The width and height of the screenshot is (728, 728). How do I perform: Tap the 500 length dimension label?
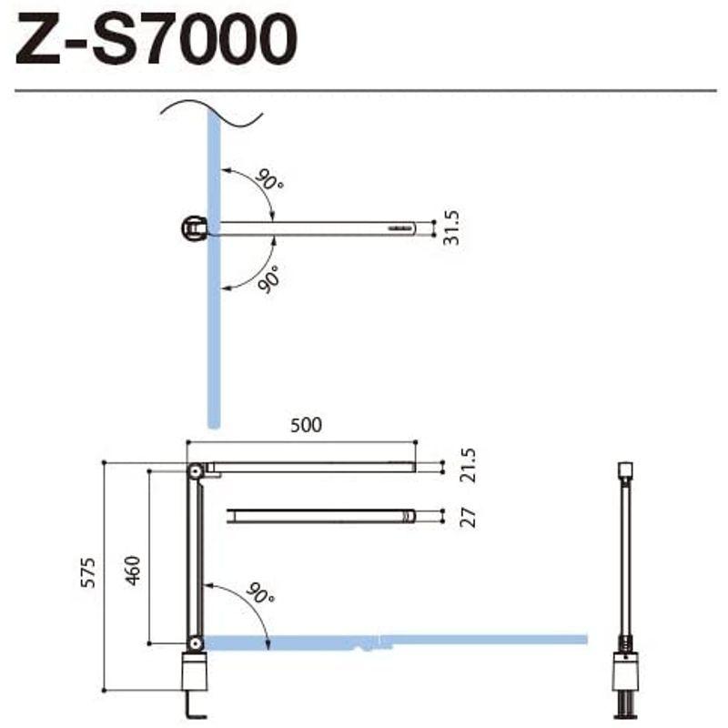coord(305,425)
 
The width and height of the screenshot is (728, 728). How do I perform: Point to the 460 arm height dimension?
coord(133,570)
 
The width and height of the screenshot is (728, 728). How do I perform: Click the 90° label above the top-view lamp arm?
coord(269,179)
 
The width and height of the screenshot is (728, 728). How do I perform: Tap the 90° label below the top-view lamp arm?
coord(269,278)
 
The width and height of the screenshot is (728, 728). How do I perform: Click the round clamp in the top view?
coord(195,227)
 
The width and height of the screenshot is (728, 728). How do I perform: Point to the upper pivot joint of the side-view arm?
coord(195,470)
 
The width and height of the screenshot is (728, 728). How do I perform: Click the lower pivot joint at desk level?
coord(195,644)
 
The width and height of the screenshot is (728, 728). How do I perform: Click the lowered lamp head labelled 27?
coord(320,516)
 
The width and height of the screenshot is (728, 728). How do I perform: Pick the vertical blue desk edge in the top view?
coord(213,346)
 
